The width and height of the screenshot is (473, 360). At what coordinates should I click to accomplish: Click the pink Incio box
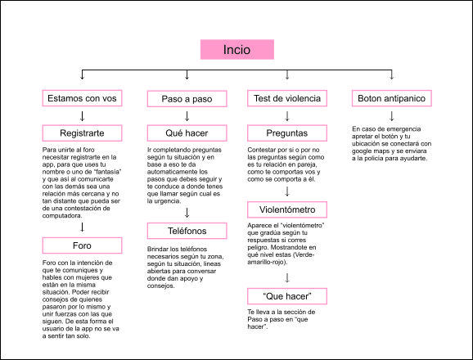coord(237,49)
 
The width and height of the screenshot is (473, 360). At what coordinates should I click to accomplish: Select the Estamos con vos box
coord(82,98)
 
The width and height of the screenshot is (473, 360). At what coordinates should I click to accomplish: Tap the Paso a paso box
coord(187,99)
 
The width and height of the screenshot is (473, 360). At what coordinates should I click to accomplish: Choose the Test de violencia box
coord(287,98)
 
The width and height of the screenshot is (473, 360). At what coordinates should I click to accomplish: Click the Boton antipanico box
coord(391,98)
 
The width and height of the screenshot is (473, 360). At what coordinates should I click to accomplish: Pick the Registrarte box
coord(82,133)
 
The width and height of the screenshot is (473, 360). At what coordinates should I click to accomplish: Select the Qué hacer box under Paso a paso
coord(187,133)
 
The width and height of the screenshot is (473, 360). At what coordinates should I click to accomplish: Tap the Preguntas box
coord(287,133)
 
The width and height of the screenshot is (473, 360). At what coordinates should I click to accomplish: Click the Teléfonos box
coord(187,231)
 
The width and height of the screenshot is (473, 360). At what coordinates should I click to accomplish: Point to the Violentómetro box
coord(287,209)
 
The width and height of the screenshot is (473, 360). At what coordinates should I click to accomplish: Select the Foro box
coord(82,245)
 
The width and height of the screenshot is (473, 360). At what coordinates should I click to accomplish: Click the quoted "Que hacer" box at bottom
coord(287,296)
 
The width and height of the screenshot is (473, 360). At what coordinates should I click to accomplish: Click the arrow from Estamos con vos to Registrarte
coord(82,116)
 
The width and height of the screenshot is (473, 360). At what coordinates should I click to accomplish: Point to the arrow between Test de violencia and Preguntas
coord(287,116)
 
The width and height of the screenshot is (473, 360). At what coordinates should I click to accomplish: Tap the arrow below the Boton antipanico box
coord(391,116)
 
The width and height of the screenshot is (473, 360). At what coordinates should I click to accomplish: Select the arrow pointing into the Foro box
coord(82,227)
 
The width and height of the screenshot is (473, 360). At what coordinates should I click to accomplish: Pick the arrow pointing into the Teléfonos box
coord(187,213)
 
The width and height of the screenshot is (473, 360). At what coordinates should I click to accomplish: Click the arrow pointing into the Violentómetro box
coord(287,191)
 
